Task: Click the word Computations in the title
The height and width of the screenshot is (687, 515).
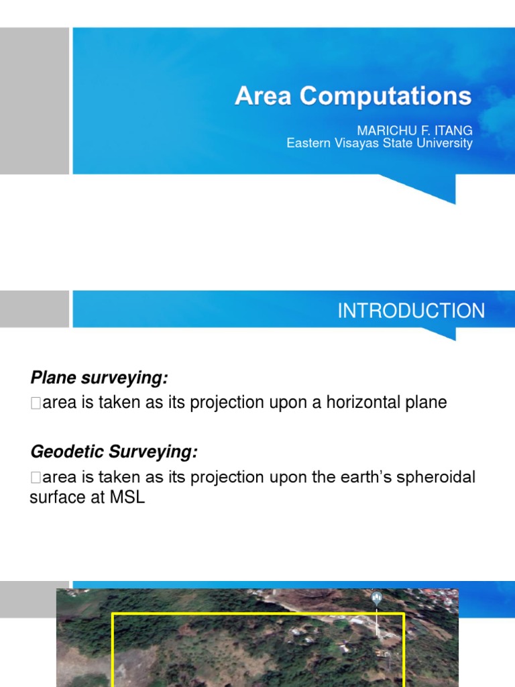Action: [x=386, y=96]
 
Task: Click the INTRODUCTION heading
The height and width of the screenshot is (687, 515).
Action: [x=410, y=311]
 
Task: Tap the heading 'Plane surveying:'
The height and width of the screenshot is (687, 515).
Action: [x=98, y=378]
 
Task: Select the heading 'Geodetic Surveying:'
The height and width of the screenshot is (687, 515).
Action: [x=114, y=453]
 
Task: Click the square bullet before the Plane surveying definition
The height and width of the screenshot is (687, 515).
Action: [x=36, y=403]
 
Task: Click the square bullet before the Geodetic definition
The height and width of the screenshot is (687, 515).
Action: [x=36, y=478]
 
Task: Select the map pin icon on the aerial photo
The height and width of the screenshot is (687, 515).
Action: [x=376, y=596]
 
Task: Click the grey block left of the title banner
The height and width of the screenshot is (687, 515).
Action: [x=34, y=101]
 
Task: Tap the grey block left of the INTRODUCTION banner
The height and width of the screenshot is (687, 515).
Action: [x=34, y=309]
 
